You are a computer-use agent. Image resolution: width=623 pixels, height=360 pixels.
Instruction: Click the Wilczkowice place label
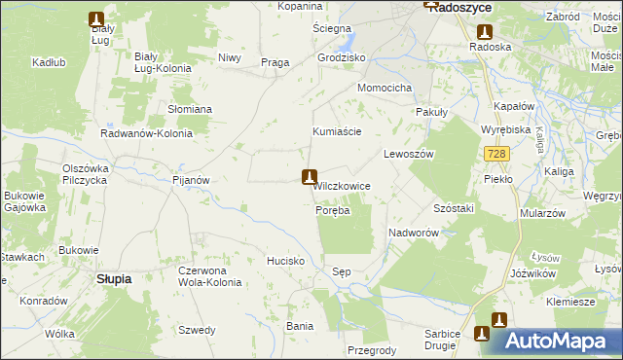coord(340,185)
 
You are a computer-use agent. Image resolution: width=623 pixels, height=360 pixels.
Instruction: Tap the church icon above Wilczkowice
coord(310,176)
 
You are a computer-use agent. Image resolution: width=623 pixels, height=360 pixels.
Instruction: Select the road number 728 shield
coord(496,154)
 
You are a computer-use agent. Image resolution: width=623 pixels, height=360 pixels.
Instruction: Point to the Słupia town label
coord(115,278)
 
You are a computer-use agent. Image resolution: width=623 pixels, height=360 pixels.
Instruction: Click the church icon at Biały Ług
coord(95,18)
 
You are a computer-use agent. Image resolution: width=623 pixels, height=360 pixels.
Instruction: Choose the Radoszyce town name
coord(458,7)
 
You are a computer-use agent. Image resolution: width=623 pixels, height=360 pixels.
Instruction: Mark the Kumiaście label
coord(337,131)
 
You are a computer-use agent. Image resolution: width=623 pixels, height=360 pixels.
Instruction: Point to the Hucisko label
coord(286,262)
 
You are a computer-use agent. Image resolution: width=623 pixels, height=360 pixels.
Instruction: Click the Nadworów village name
coord(416,234)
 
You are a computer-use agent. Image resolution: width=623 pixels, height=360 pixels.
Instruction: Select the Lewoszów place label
coord(408,154)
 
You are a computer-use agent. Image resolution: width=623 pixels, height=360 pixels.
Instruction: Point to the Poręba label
coord(332,210)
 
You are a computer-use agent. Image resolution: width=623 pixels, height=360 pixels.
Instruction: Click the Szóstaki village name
coord(454,209)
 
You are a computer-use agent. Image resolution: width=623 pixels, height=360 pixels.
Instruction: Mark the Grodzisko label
coord(341,57)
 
